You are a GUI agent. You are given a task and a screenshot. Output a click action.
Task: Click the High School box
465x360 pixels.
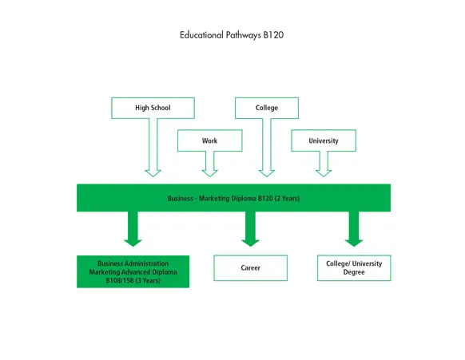pyautogui.click(x=152, y=108)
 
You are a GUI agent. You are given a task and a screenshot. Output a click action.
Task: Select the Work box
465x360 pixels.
pyautogui.click(x=209, y=140)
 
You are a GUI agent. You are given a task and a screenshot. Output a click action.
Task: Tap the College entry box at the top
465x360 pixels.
pyautogui.click(x=267, y=108)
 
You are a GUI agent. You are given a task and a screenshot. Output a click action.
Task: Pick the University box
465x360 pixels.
pyautogui.click(x=324, y=140)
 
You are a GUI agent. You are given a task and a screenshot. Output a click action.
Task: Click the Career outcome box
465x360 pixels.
pyautogui.click(x=250, y=268)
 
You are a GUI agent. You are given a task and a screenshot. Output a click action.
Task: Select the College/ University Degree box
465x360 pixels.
pyautogui.click(x=354, y=267)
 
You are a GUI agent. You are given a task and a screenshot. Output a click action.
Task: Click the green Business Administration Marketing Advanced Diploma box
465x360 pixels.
pyautogui.click(x=133, y=271)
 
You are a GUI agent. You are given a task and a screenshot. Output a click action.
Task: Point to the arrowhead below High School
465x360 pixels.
pyautogui.click(x=153, y=170)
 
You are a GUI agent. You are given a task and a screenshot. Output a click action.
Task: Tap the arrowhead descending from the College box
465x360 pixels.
pyautogui.click(x=268, y=170)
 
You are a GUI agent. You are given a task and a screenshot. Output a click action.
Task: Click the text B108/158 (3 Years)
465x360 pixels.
pyautogui.click(x=133, y=280)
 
